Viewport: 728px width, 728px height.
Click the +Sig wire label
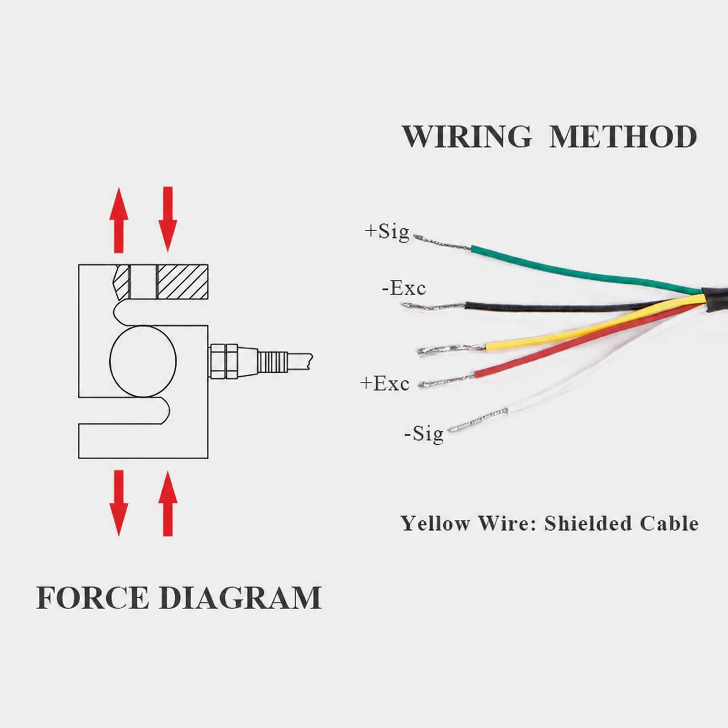pos(387,231)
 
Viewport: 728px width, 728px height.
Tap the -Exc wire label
pos(404,288)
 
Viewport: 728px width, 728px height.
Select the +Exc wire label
pos(384,383)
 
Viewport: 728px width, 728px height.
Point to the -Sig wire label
pos(423,433)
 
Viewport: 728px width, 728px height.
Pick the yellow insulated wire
pos(593,321)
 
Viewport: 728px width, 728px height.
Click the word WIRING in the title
pos(467,136)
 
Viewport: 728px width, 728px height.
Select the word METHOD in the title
pos(623,136)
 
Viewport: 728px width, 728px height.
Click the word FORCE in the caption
pos(92,597)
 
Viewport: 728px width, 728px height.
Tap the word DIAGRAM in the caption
pos(240,597)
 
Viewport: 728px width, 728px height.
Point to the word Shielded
pos(589,523)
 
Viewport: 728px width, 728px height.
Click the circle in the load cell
pos(110,362)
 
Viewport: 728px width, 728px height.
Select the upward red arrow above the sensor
pos(118,220)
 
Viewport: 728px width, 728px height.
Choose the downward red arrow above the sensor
pos(168,219)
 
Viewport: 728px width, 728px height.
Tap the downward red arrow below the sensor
pos(118,503)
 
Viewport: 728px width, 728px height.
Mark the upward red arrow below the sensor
pos(168,503)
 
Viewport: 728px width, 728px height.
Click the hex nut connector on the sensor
pos(224,361)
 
